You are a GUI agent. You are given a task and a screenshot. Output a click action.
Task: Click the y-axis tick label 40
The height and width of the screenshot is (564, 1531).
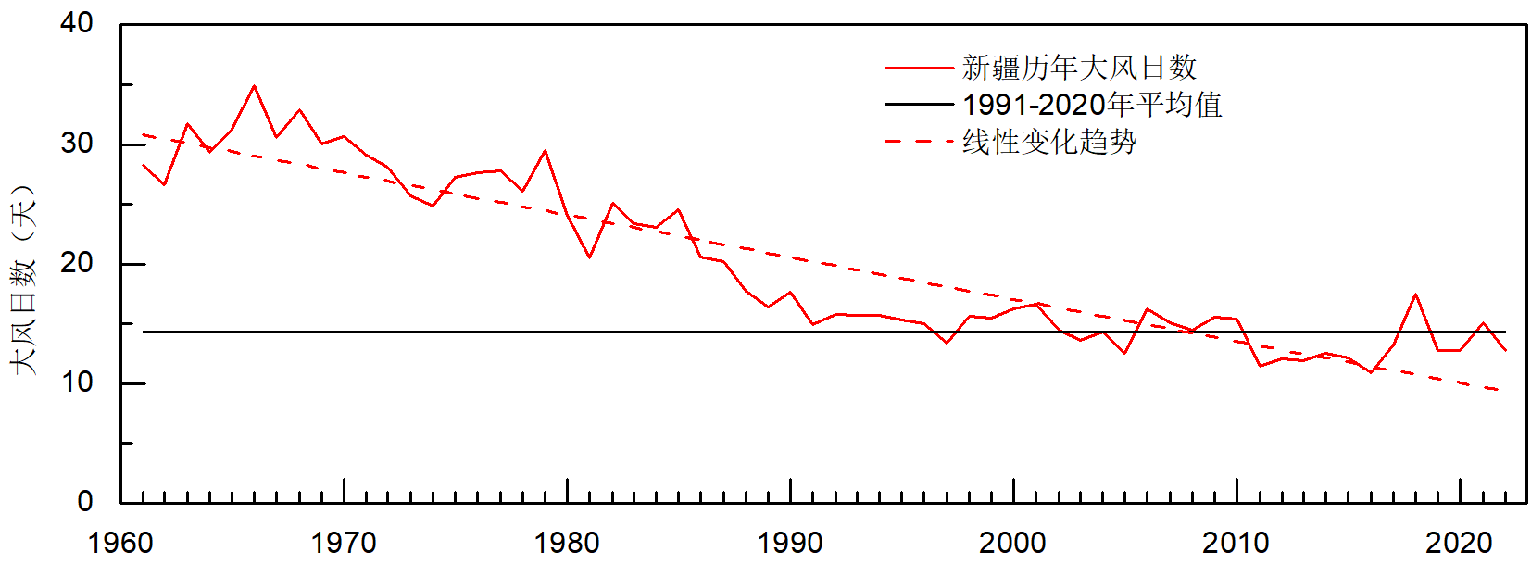[x=77, y=23]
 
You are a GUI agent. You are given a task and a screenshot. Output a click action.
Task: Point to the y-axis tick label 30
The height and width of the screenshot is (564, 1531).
[x=77, y=144]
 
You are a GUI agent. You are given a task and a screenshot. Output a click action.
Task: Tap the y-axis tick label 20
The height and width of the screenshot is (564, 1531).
[x=77, y=263]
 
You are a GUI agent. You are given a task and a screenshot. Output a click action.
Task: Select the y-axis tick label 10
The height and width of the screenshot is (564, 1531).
[x=77, y=382]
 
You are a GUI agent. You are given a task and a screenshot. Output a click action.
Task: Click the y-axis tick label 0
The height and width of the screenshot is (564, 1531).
[x=85, y=502]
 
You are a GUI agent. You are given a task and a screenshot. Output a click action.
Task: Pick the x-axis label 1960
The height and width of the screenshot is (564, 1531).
[x=120, y=543]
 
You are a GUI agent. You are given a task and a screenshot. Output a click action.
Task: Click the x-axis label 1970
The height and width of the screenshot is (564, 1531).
[x=344, y=543]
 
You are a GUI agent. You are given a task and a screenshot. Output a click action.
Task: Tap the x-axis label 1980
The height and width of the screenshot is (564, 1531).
[x=567, y=543]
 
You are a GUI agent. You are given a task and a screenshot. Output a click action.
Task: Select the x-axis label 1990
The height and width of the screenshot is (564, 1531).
[x=790, y=543]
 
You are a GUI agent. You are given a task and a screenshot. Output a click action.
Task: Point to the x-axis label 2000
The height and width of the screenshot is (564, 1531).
[x=1013, y=543]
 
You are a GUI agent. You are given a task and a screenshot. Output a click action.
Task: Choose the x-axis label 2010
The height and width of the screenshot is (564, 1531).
[x=1236, y=543]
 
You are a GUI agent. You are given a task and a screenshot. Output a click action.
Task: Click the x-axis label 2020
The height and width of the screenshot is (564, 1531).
[x=1460, y=543]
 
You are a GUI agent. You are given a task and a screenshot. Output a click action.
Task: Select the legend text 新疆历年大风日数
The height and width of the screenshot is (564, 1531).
[x=1079, y=68]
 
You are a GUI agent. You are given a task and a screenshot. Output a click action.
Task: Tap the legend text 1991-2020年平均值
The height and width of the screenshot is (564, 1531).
[x=1092, y=105]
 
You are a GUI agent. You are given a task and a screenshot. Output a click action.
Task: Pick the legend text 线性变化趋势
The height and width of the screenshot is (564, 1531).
[x=1049, y=142]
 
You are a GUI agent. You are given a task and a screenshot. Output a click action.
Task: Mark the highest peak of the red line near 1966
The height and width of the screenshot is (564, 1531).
[x=254, y=86]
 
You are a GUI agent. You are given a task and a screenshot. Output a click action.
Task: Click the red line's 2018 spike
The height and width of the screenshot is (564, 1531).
[x=1415, y=295]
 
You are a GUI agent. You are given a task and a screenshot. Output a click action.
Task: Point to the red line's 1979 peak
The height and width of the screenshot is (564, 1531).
[x=545, y=151]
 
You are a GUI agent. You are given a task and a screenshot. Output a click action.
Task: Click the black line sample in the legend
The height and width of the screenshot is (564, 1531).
[x=919, y=105]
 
